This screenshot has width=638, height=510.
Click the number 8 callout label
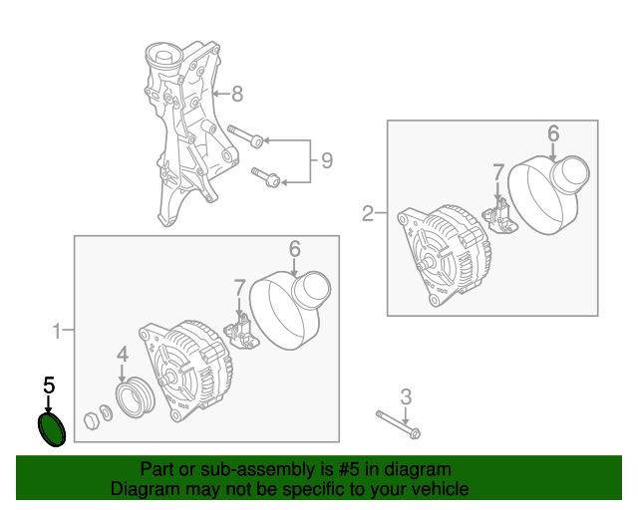236,96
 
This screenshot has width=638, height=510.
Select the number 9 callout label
325,159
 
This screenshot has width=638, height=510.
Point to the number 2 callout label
367,213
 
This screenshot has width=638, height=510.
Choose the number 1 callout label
57,330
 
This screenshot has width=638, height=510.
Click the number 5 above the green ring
48,383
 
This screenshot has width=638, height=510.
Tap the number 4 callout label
122,354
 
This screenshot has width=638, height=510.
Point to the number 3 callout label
406,396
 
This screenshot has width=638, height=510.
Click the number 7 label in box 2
498,174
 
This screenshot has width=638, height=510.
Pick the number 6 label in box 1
294,248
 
